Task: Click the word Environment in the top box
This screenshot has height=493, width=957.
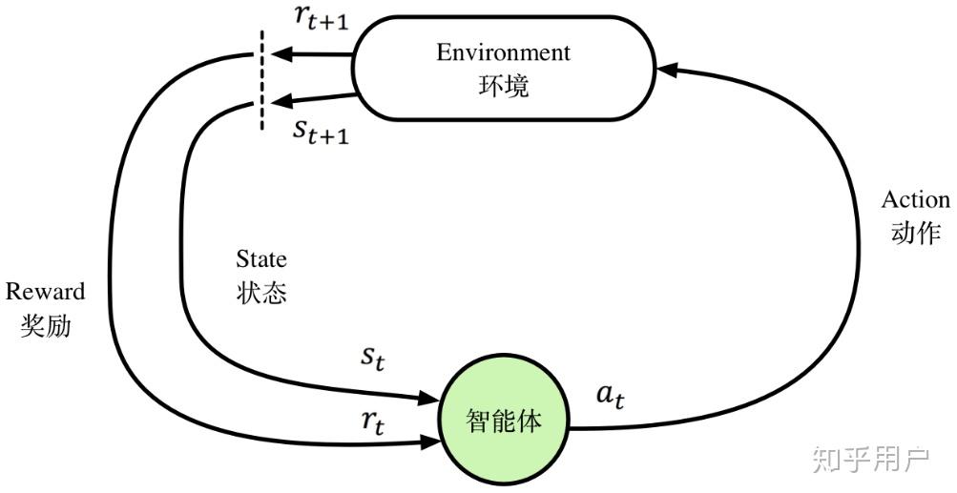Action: coord(503,52)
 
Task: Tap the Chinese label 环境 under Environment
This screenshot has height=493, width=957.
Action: coord(503,86)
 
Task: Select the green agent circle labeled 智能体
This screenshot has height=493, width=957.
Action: coord(503,420)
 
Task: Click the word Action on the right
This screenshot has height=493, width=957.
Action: coord(916,200)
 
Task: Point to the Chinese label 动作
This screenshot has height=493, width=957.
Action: coord(916,233)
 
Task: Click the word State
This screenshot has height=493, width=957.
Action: coord(261,259)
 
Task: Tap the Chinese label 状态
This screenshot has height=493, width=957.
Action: coord(261,292)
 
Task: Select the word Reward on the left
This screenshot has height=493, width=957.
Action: coord(45,292)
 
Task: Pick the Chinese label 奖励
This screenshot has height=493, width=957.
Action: coord(45,325)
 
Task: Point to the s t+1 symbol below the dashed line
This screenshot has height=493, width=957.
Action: coord(320,132)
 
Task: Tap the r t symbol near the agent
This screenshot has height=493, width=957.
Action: coord(373,421)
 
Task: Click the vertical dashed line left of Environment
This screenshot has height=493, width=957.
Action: coord(261,80)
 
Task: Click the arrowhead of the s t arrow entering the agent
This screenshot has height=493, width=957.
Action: coord(429,399)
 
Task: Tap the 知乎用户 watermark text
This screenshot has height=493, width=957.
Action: coord(870,459)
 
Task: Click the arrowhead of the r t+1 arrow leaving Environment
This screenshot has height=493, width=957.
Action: coord(281,55)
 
